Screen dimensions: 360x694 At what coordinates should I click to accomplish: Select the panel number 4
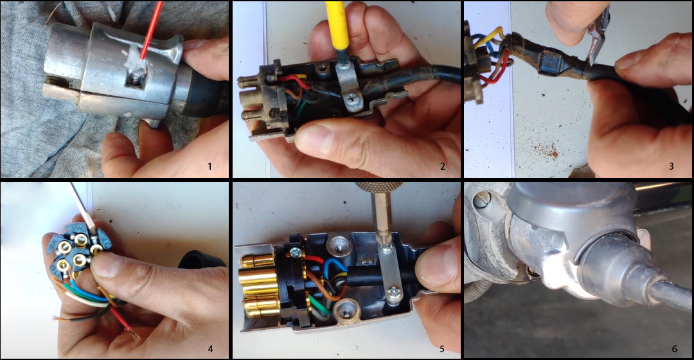tap(209, 349)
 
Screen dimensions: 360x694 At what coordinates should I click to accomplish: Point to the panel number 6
tap(674, 349)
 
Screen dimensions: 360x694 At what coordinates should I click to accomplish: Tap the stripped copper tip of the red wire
tap(133, 335)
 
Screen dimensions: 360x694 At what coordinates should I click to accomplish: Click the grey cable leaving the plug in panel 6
tap(668, 292)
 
